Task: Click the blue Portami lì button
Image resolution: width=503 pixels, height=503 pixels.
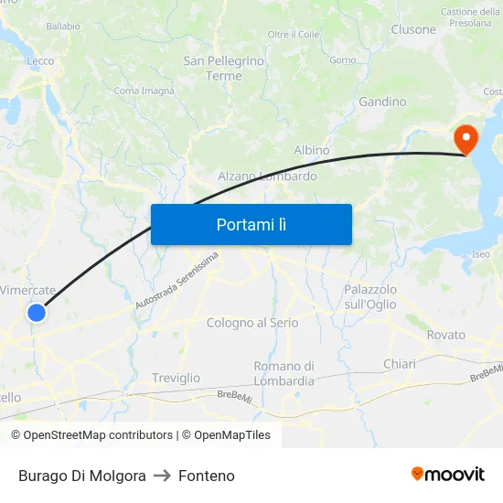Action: (x=251, y=224)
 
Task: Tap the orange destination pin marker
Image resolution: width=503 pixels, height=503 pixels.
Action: (x=466, y=139)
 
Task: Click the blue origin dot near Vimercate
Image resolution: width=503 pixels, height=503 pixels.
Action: (x=37, y=314)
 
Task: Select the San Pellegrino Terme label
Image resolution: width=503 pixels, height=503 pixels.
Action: (x=224, y=69)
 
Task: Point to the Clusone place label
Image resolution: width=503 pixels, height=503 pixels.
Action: (x=413, y=29)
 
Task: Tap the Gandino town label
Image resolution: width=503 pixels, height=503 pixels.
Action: (x=382, y=102)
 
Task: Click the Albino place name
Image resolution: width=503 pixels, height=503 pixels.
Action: (x=312, y=150)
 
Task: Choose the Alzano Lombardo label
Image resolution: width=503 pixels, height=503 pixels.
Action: (x=267, y=176)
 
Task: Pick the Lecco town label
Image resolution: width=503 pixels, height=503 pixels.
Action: (x=40, y=61)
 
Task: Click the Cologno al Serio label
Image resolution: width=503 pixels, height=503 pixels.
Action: (x=252, y=323)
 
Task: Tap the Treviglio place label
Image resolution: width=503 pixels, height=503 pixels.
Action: (x=176, y=378)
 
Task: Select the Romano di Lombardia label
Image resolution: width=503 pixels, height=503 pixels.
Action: (x=284, y=373)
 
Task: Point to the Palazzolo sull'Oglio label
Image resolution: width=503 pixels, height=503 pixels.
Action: (x=370, y=296)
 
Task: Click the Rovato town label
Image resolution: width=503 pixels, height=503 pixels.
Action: (x=446, y=335)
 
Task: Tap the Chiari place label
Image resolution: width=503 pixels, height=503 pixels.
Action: (x=400, y=364)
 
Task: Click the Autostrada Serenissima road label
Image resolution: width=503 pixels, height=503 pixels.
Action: (x=177, y=280)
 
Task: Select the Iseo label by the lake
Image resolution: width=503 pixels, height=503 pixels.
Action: (x=480, y=254)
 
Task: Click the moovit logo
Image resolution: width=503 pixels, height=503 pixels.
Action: (x=448, y=475)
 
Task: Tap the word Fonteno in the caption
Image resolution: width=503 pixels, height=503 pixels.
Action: (x=207, y=476)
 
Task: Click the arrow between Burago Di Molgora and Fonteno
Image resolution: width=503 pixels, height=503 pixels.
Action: (x=163, y=476)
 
